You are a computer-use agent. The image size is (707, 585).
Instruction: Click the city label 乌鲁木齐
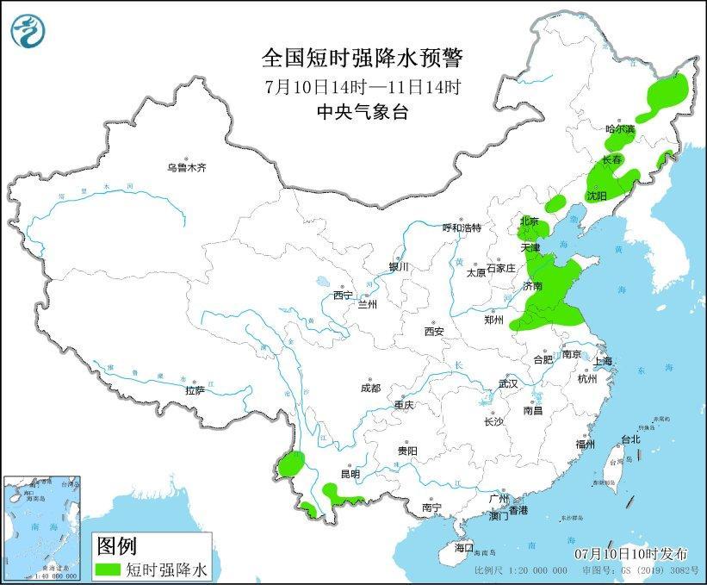(x=187, y=168)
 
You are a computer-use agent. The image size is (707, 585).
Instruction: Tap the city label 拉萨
(x=195, y=390)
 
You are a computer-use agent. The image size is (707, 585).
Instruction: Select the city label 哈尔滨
(x=619, y=128)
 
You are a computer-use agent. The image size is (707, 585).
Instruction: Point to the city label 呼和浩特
(x=462, y=228)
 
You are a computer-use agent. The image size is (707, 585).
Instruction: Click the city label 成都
(x=371, y=388)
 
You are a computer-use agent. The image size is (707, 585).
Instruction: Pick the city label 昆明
(x=350, y=474)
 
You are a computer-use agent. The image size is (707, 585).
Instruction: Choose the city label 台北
(x=630, y=439)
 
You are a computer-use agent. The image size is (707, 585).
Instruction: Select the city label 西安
(x=433, y=331)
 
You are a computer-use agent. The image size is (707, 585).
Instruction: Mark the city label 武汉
(x=508, y=383)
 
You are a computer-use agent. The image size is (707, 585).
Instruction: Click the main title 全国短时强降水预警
(x=362, y=59)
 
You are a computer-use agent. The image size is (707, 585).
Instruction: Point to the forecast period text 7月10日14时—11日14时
(x=362, y=86)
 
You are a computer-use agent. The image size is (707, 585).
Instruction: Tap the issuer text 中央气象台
(x=362, y=112)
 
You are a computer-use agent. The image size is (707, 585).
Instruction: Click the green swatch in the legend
(x=109, y=569)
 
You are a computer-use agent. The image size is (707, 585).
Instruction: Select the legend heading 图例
(x=116, y=545)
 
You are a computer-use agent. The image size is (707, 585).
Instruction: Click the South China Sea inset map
(x=43, y=526)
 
